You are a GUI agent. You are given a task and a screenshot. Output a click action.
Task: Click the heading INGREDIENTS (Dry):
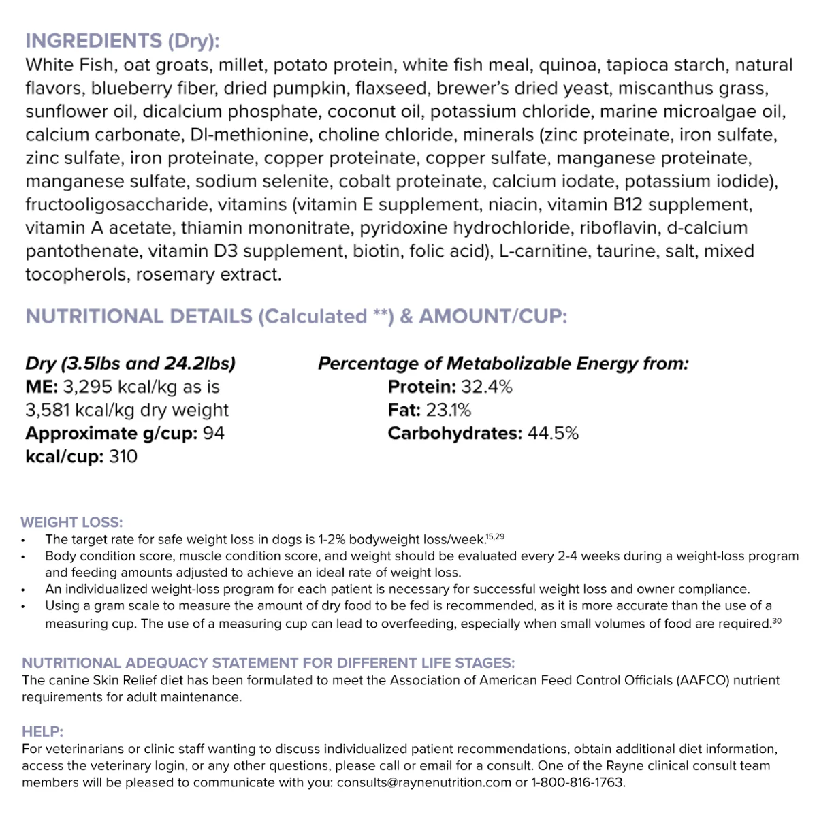pos(123,41)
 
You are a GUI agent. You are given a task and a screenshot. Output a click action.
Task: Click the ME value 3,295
pos(87,387)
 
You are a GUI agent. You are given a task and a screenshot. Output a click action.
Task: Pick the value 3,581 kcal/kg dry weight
pos(127,410)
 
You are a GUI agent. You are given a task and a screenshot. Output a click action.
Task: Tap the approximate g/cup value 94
pos(214,433)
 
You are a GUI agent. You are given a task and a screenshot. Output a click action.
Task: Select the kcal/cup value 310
pos(123,456)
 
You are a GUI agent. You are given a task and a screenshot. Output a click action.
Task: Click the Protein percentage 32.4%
pos(487,387)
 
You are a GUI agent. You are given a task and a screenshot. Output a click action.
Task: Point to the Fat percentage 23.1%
pos(449,410)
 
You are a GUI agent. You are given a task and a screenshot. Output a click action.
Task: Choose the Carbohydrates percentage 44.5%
pos(553,433)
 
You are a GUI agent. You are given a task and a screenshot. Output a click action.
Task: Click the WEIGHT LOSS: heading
pos(71,522)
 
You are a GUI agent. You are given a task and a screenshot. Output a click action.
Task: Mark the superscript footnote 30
pos(777,621)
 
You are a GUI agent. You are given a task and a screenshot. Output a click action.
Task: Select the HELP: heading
pos(42,732)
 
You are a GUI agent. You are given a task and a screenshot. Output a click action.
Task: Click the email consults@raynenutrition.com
pos(423,782)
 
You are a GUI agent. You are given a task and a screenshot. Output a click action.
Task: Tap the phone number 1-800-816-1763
pos(577,782)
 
